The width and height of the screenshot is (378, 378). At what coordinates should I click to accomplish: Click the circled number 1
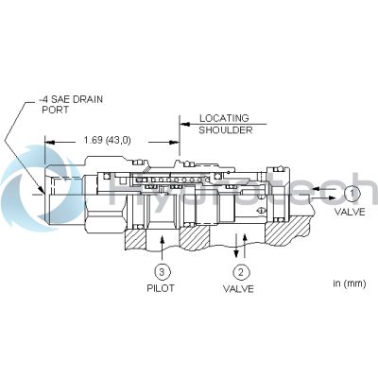pyautogui.click(x=352, y=194)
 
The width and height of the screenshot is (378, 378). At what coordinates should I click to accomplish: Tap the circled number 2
pyautogui.click(x=241, y=272)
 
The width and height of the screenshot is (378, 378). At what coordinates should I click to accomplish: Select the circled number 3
pyautogui.click(x=162, y=271)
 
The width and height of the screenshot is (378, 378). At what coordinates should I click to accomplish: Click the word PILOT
pyautogui.click(x=161, y=288)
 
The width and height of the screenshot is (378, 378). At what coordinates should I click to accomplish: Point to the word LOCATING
pyautogui.click(x=224, y=118)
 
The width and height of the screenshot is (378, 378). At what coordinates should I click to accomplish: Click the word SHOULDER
pyautogui.click(x=226, y=130)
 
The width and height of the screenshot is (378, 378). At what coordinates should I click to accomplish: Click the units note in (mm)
pyautogui.click(x=350, y=283)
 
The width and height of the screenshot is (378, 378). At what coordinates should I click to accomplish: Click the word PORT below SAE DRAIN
pyautogui.click(x=55, y=110)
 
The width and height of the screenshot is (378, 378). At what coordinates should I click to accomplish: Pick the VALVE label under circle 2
pyautogui.click(x=238, y=289)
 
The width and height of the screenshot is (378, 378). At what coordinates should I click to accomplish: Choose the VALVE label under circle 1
pyautogui.click(x=350, y=212)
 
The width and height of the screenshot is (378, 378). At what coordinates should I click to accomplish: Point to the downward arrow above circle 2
pyautogui.click(x=236, y=247)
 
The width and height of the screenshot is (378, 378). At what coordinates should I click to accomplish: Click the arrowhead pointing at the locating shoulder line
pyautogui.click(x=185, y=124)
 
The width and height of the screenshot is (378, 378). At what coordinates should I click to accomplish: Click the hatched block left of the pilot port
pyautogui.click(x=135, y=239)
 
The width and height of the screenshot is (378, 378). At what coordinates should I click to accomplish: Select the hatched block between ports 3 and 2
pyautogui.click(x=194, y=239)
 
